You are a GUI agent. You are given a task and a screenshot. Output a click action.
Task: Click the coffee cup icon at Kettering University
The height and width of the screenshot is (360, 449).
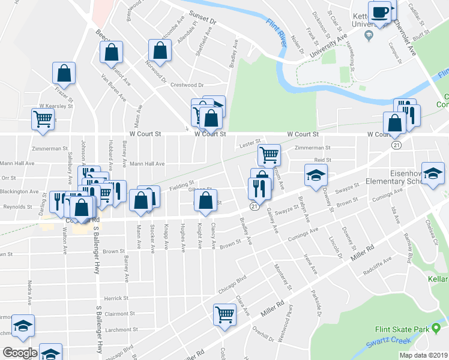pyautogui.click(x=381, y=12)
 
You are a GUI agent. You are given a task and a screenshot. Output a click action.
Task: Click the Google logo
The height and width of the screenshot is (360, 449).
pyautogui.click(x=20, y=353)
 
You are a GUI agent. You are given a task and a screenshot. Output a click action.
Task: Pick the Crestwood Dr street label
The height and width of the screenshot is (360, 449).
pyautogui.click(x=188, y=85)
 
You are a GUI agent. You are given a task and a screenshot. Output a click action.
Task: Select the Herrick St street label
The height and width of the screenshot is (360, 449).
pyautogui.click(x=116, y=298)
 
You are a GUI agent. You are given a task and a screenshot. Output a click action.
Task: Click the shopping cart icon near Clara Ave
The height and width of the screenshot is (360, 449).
pyautogui.click(x=224, y=313)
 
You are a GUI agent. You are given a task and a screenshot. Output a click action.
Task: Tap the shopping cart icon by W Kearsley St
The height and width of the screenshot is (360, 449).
pyautogui.click(x=43, y=119)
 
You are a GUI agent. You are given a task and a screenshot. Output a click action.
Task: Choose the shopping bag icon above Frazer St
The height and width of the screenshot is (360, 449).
pyautogui.click(x=64, y=74)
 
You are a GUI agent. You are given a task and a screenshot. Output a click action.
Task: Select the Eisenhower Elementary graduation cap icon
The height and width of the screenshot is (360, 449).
pyautogui.click(x=432, y=173)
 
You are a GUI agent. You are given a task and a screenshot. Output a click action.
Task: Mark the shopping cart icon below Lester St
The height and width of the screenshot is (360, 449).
pyautogui.click(x=270, y=154)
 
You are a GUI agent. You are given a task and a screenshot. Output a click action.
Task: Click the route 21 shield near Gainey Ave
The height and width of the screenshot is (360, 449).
pyautogui.click(x=255, y=206)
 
